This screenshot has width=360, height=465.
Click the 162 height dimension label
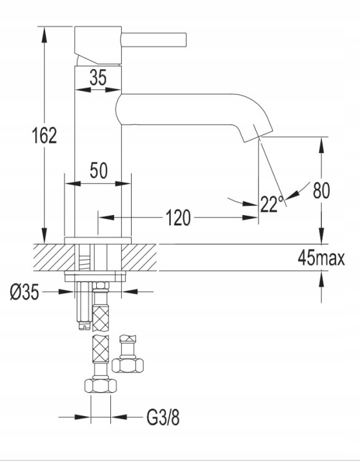[44, 136]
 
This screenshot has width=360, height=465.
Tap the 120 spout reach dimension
[178, 218]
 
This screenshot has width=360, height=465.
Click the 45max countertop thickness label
[321, 258]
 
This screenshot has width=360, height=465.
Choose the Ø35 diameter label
[25, 292]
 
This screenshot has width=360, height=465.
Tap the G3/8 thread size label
[163, 418]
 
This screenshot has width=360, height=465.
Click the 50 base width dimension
[99, 170]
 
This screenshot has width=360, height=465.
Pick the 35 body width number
[98, 77]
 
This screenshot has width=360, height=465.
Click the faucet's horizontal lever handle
[154, 40]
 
